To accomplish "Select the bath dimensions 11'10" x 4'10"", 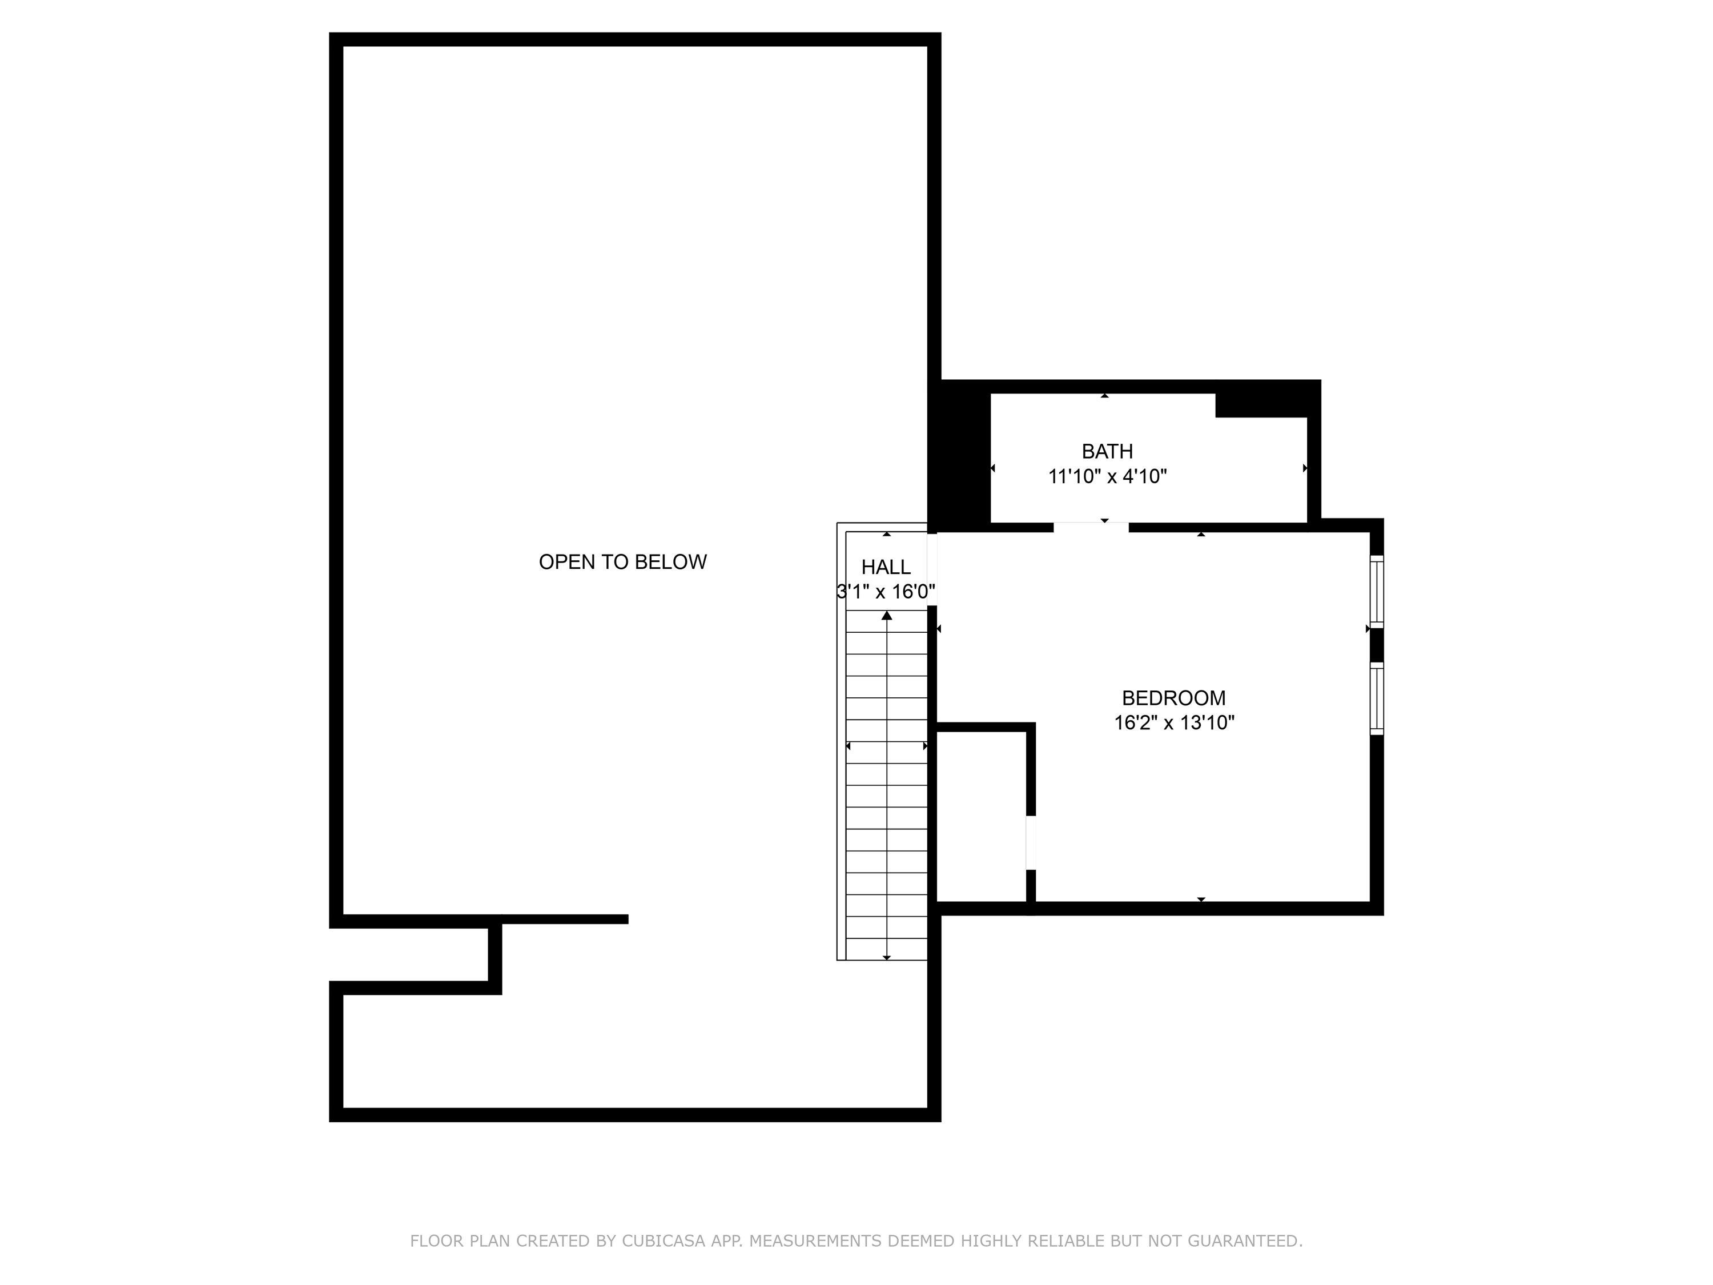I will (1107, 476).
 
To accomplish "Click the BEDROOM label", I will (1173, 698).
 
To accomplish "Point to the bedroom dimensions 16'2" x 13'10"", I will (1173, 722).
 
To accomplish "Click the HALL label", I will (886, 567).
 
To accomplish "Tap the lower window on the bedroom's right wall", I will (1376, 698).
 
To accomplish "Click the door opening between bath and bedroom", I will (1091, 528).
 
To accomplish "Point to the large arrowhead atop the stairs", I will (887, 616).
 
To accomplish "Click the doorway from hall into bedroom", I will (932, 569).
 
